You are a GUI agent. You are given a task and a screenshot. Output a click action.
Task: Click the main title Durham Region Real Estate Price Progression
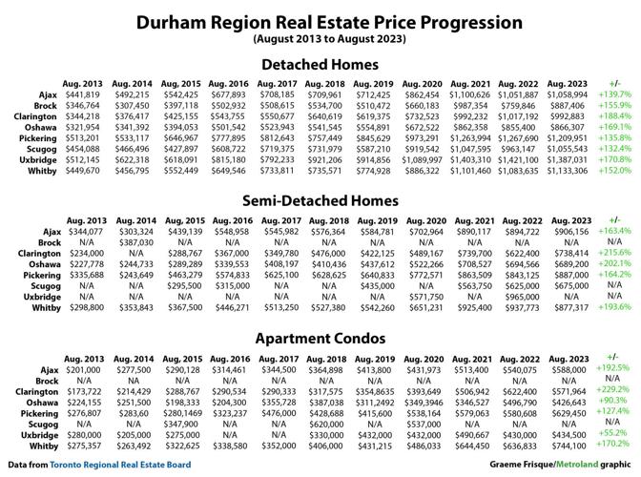tap(320, 21)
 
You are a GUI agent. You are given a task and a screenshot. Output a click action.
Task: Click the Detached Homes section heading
tap(320, 65)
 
